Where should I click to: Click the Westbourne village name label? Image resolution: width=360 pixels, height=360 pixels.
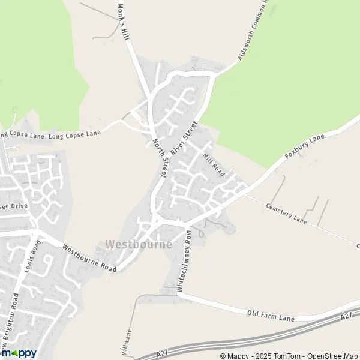tap(138, 245)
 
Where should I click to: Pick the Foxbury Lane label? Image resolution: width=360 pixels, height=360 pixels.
tap(304, 147)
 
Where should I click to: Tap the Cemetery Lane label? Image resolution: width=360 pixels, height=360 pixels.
tap(286, 213)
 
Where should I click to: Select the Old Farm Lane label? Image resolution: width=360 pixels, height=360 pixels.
tap(271, 316)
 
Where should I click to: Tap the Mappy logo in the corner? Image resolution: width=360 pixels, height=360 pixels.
tap(18, 353)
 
